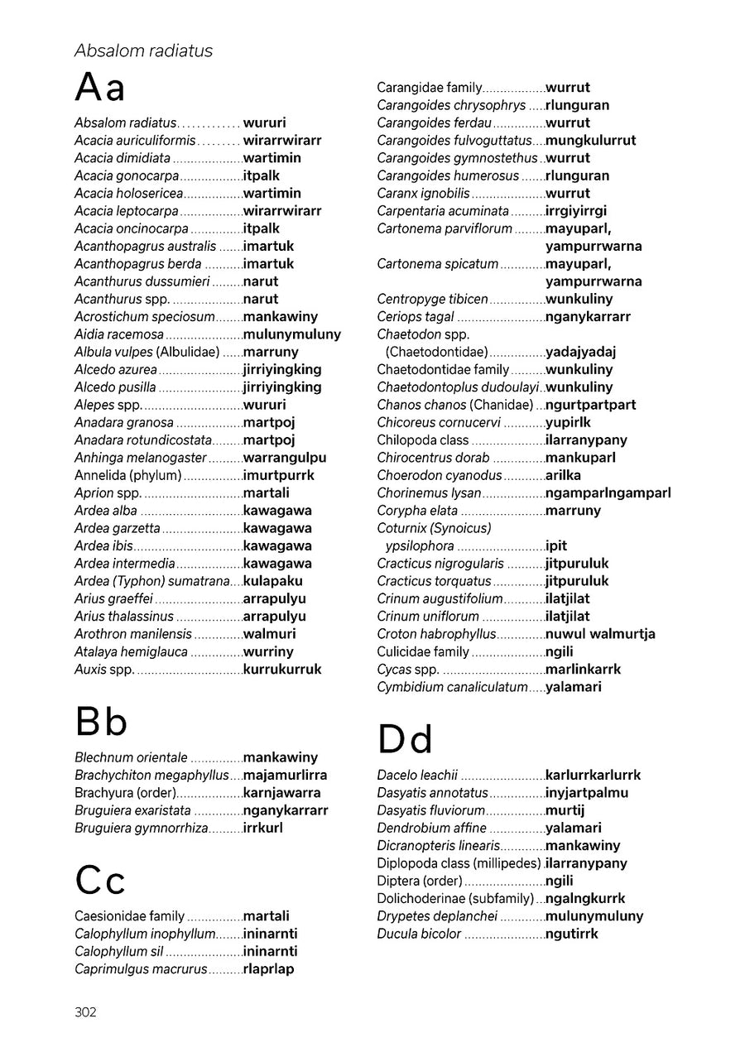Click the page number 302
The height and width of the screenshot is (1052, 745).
click(85, 1012)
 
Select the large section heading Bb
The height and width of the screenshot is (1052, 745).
click(101, 722)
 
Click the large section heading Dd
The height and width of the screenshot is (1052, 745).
click(405, 739)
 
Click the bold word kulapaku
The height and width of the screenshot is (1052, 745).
click(273, 581)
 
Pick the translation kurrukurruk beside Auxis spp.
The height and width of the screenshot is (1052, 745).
click(282, 670)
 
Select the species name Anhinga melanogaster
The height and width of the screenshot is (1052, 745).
click(141, 458)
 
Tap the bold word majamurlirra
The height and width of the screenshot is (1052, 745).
click(285, 776)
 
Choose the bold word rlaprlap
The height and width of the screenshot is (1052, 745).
click(268, 969)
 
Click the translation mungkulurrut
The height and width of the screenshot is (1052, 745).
click(590, 141)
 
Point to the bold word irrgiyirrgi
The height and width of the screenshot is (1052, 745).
click(576, 211)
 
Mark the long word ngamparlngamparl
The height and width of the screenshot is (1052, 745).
click(608, 493)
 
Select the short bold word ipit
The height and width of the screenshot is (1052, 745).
click(556, 546)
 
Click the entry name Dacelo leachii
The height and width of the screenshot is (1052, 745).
click(417, 776)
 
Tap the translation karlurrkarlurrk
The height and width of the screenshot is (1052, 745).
click(593, 776)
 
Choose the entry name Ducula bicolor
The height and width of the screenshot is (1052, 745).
click(419, 934)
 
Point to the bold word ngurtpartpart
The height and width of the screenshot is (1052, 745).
click(590, 406)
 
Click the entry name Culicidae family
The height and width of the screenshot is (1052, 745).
click(423, 652)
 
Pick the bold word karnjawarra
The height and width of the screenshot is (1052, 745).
click(281, 793)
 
